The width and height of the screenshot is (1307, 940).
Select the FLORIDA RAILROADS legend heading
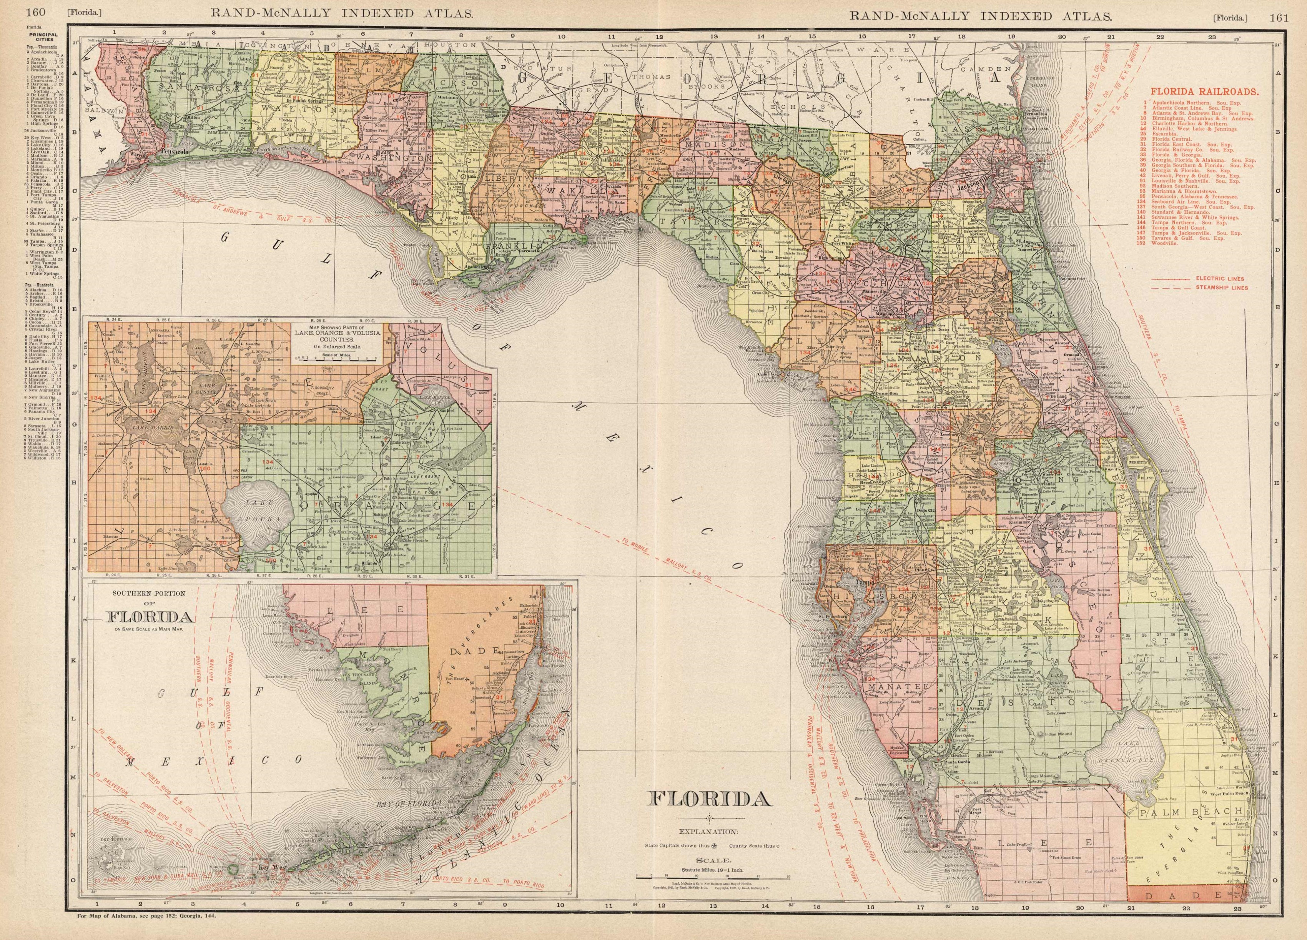1192,91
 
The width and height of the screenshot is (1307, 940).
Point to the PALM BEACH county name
1187,811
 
